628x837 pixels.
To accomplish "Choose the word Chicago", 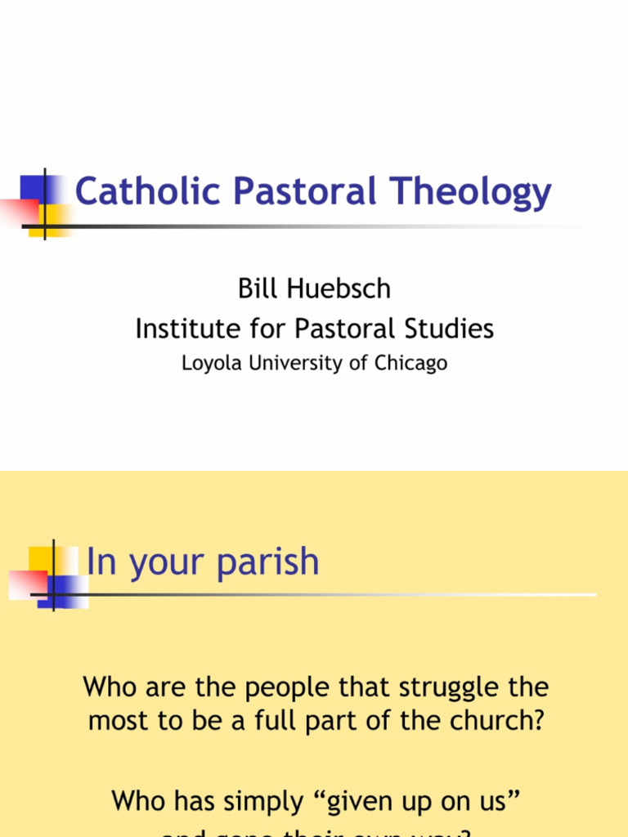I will click(x=411, y=363).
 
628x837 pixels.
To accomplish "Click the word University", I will click(x=296, y=363).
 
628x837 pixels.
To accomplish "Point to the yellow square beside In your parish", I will click(x=43, y=560).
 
